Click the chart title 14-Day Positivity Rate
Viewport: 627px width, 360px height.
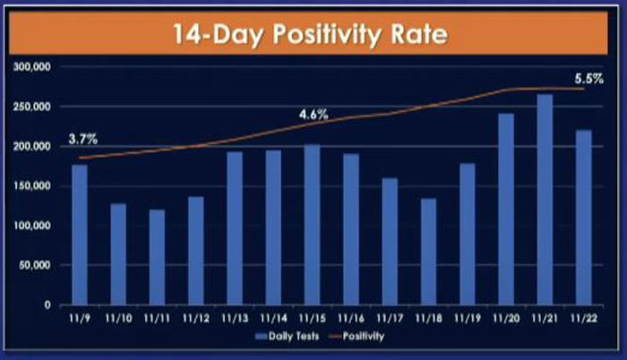pyautogui.click(x=310, y=34)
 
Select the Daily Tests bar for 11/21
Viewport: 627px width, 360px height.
pyautogui.click(x=545, y=200)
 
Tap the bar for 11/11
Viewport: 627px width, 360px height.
pyautogui.click(x=157, y=257)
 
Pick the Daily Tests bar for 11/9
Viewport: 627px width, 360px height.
pyautogui.click(x=80, y=235)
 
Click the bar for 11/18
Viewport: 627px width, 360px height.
pyautogui.click(x=428, y=252)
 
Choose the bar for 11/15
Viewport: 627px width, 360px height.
pyautogui.click(x=312, y=225)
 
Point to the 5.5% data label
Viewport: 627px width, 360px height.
pyautogui.click(x=588, y=79)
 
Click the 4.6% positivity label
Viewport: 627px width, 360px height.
pyautogui.click(x=313, y=115)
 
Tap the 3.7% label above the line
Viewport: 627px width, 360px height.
pyautogui.click(x=82, y=139)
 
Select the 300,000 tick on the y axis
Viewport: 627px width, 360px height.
pyautogui.click(x=32, y=67)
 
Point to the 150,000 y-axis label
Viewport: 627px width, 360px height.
pyautogui.click(x=32, y=186)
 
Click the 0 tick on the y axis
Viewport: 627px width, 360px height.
pyautogui.click(x=47, y=304)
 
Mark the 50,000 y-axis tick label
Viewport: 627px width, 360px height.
pyautogui.click(x=35, y=265)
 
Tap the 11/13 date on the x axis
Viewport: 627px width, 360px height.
pyautogui.click(x=235, y=319)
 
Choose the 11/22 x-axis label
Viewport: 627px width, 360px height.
pyautogui.click(x=584, y=319)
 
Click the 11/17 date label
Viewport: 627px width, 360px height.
pyautogui.click(x=390, y=319)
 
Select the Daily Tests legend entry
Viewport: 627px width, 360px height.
pyautogui.click(x=288, y=337)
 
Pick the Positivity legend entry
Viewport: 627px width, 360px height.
pyautogui.click(x=356, y=337)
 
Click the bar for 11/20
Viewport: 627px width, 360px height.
pyautogui.click(x=506, y=210)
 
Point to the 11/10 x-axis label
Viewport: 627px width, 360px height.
pyautogui.click(x=118, y=319)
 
